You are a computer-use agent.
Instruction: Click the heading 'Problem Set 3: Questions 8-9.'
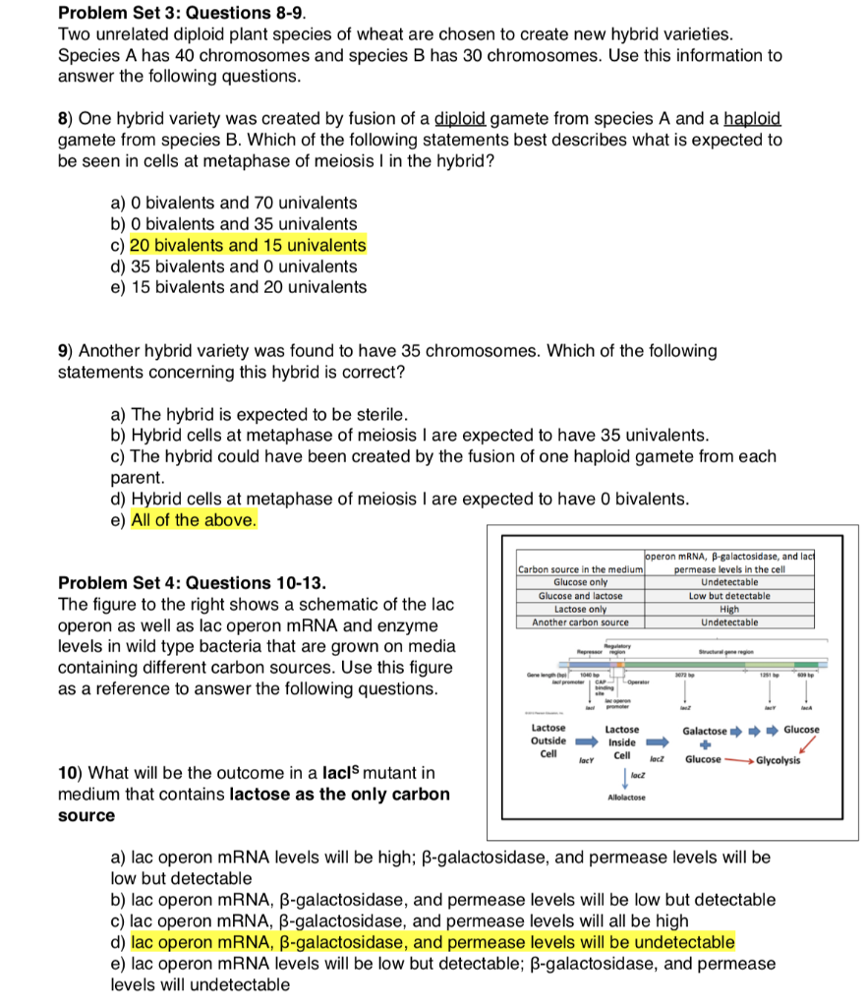click(x=183, y=13)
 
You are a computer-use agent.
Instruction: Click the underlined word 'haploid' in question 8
click(x=752, y=118)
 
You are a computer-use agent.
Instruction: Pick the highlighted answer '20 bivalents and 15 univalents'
click(x=248, y=245)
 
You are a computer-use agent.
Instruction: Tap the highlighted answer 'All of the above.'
click(x=194, y=520)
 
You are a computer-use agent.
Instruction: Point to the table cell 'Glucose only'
click(x=580, y=582)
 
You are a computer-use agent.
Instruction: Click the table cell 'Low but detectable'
click(x=728, y=595)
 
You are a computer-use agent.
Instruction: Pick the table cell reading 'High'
click(x=728, y=609)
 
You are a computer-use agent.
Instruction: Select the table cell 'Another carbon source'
click(x=580, y=622)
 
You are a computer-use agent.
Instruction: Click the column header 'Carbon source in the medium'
click(x=580, y=569)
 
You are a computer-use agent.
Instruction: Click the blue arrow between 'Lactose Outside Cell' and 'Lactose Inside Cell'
click(x=587, y=744)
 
